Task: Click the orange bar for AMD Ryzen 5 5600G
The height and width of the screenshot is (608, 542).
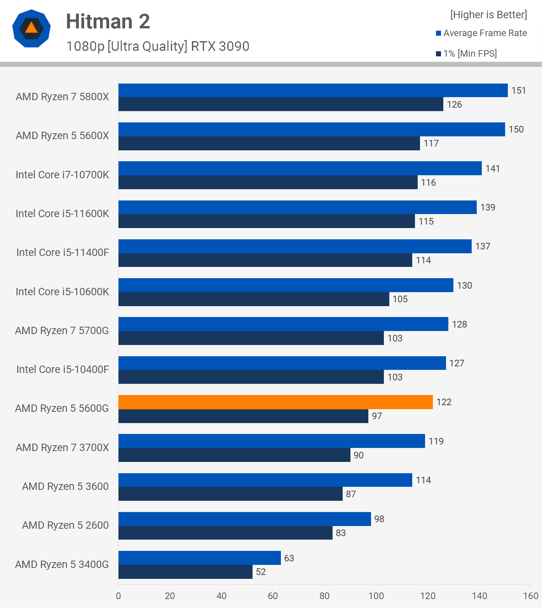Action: pos(275,402)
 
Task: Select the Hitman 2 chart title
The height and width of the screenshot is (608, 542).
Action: pos(108,21)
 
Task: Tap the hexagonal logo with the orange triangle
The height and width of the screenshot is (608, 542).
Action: pos(31,28)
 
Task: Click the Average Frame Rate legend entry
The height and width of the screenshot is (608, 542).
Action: pos(481,33)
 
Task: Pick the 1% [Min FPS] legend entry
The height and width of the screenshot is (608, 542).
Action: pos(466,54)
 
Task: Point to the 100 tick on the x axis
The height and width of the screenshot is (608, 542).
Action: pos(376,596)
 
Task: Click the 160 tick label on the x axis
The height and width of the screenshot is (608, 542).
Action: pos(531,596)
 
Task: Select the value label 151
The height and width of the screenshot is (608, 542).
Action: pos(518,91)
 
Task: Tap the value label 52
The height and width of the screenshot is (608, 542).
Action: pos(261,572)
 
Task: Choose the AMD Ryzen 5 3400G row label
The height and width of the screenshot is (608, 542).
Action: pos(62,564)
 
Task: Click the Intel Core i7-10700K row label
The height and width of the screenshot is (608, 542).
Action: pos(62,175)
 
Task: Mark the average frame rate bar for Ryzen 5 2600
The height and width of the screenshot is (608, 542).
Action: pos(245,519)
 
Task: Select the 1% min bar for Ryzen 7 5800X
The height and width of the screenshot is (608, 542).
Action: pos(281,104)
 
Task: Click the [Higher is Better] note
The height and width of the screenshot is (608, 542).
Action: pos(488,15)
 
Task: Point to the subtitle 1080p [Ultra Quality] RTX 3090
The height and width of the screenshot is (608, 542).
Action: pos(158,46)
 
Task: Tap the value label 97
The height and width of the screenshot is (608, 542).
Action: pos(377,416)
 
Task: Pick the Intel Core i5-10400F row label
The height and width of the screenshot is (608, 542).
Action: pos(63,369)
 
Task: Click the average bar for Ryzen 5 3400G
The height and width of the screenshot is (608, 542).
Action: pos(200,558)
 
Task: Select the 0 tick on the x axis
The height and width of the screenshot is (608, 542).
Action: pos(119,596)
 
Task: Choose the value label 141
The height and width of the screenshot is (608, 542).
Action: pos(492,169)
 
